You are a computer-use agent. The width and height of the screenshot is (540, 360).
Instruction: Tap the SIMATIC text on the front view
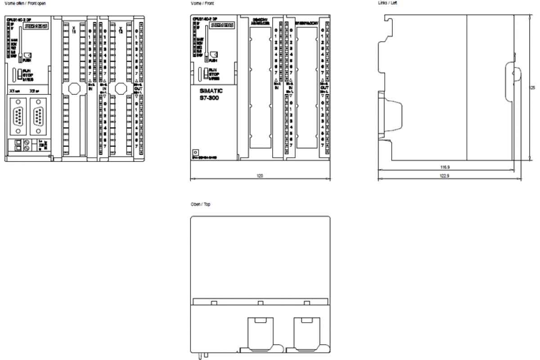coord(211,91)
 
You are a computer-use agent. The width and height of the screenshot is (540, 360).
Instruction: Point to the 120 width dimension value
coord(260,175)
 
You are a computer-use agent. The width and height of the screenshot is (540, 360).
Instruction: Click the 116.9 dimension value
coord(445,167)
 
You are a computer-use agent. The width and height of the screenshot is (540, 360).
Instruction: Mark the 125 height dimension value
coord(532,87)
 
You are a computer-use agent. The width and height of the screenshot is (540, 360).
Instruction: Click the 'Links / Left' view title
coord(387,3)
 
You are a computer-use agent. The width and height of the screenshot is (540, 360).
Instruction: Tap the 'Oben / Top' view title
coord(200,204)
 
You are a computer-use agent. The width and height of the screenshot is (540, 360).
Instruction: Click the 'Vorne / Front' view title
coord(202,3)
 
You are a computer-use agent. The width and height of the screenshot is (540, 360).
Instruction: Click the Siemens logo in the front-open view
coord(36,27)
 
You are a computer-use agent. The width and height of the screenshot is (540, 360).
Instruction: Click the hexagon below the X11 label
coord(74,89)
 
